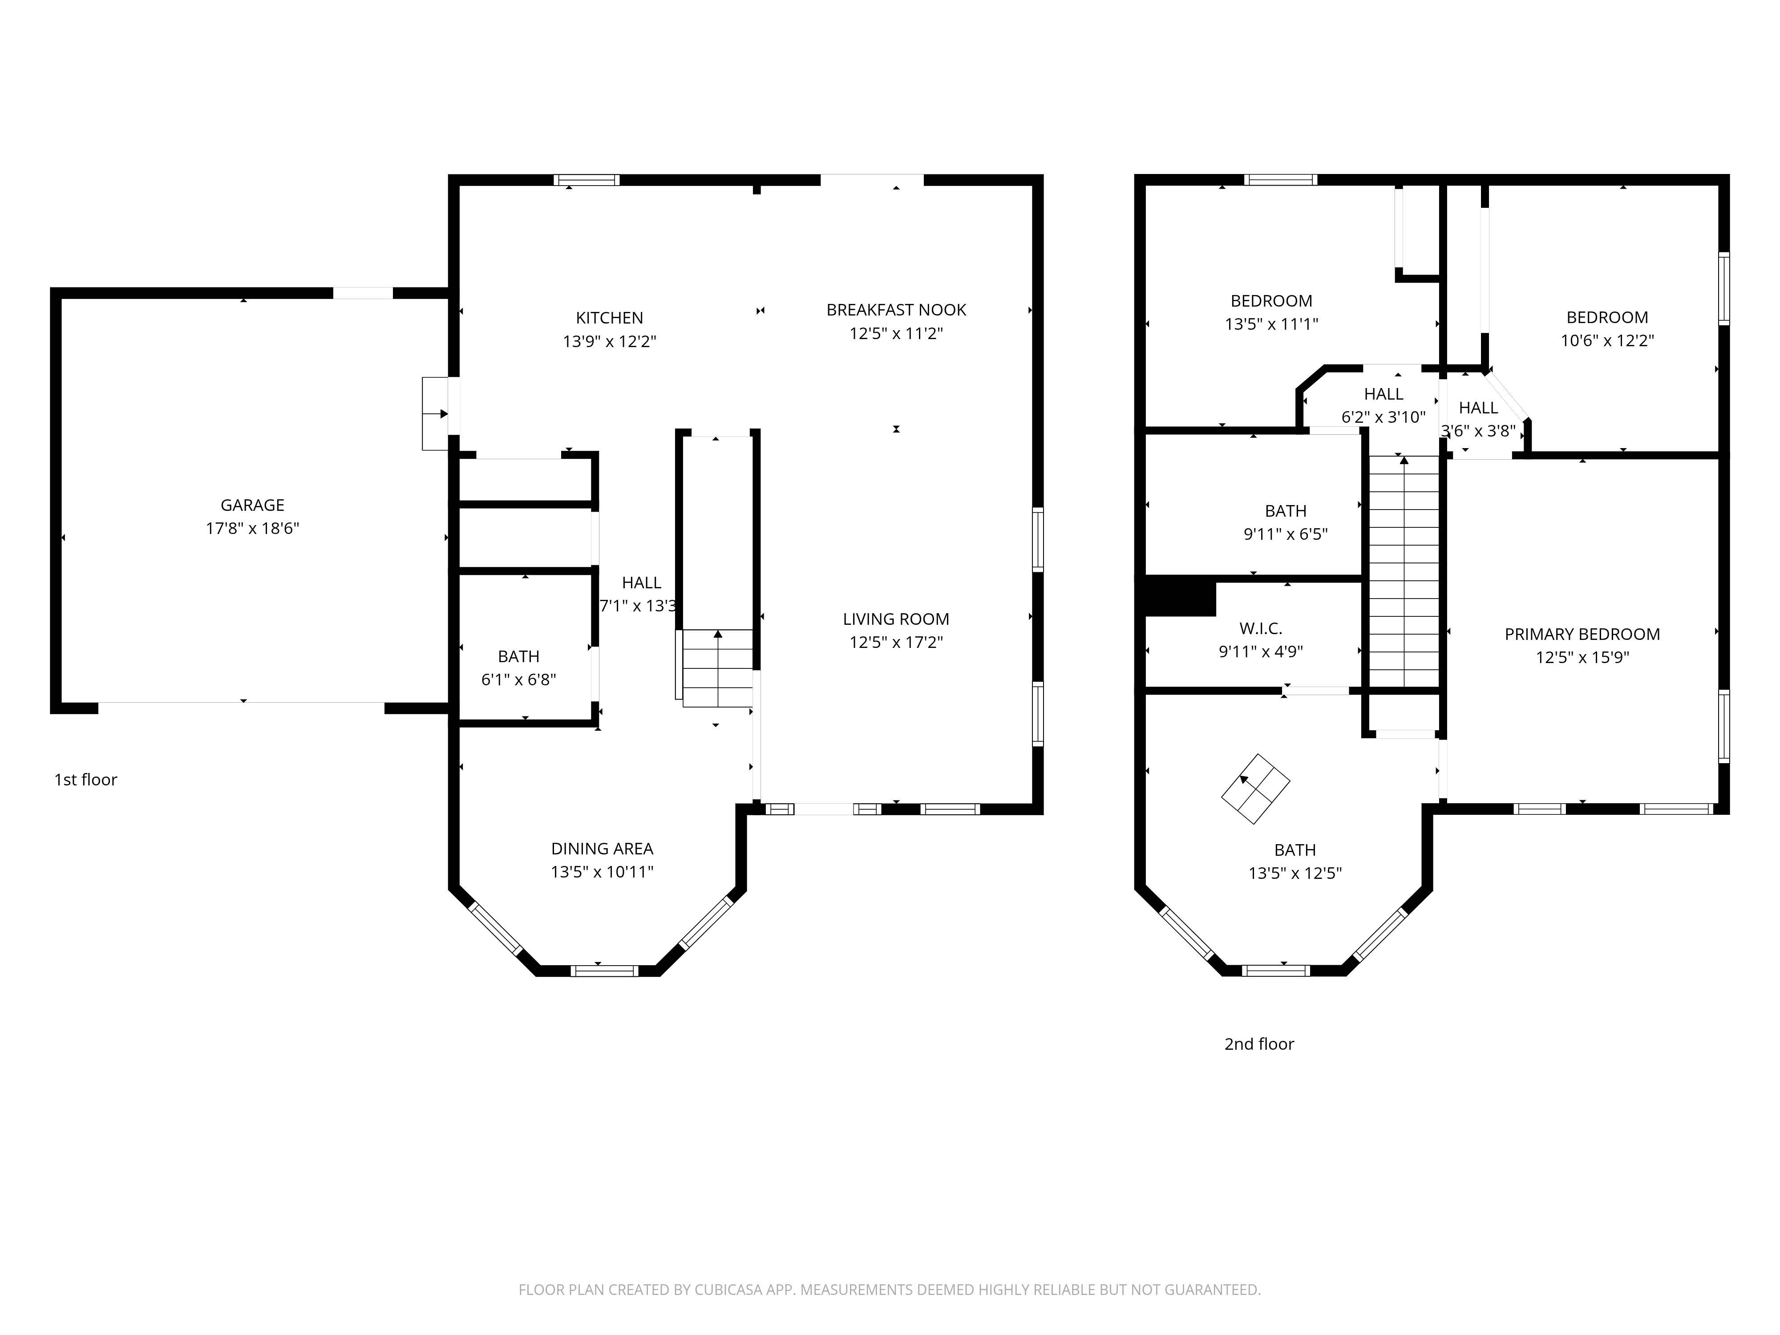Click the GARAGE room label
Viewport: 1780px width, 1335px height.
(x=253, y=506)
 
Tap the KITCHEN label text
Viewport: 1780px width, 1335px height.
(x=609, y=318)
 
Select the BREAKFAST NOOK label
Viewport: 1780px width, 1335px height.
(x=896, y=310)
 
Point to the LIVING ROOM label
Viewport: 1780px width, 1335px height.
(x=896, y=619)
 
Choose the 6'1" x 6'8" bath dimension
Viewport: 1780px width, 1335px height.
(x=519, y=679)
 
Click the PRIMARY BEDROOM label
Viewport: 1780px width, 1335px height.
(x=1582, y=634)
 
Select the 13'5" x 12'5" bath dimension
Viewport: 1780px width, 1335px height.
(x=1295, y=873)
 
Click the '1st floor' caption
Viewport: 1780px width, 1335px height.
(x=85, y=780)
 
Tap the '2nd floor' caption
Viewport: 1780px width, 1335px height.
(x=1259, y=1044)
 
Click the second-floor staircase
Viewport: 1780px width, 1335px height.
(x=1404, y=571)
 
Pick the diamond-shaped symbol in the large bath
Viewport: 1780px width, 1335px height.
(x=1255, y=789)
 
